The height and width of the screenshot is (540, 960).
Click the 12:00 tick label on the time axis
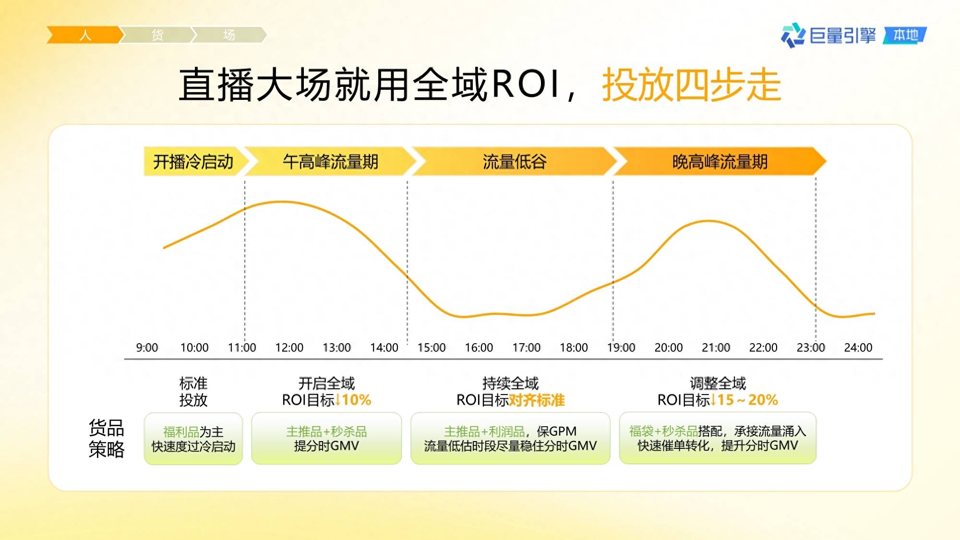[289, 348]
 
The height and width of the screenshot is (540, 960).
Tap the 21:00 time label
[716, 348]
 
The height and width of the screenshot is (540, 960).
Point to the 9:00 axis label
[147, 348]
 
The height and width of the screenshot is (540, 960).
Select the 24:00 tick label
[858, 348]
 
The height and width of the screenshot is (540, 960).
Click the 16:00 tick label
[479, 348]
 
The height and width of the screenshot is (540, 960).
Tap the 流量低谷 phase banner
[514, 161]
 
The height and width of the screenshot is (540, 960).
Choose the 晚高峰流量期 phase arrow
[720, 161]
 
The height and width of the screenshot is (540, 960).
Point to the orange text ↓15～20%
[744, 400]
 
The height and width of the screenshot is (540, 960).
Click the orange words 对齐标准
[537, 400]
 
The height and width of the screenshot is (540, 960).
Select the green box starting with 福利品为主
[193, 439]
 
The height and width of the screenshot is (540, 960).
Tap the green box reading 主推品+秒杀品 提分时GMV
[326, 438]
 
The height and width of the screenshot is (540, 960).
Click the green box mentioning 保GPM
[510, 438]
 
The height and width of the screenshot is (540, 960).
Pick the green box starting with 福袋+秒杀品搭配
[718, 438]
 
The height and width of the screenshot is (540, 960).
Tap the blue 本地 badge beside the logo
[905, 35]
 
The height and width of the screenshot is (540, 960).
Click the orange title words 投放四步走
[692, 85]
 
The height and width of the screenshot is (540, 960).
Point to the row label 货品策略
[107, 438]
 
